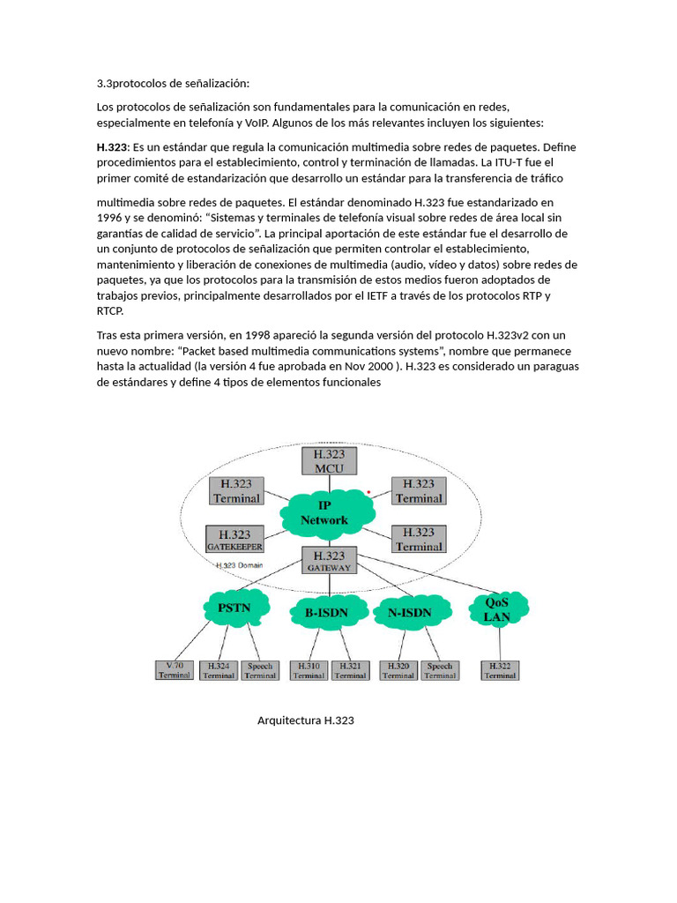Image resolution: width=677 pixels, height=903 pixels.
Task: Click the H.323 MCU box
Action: click(329, 460)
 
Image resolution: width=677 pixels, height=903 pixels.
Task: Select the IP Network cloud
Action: click(324, 512)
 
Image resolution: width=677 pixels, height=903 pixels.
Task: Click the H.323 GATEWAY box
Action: click(329, 561)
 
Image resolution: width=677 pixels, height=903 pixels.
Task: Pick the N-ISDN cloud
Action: click(409, 611)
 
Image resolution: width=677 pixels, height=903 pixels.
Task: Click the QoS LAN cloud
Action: click(497, 609)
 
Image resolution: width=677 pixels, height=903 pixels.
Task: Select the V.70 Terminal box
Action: click(174, 670)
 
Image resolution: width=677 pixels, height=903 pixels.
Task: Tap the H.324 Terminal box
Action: click(218, 670)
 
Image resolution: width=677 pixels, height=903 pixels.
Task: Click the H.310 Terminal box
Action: click(309, 670)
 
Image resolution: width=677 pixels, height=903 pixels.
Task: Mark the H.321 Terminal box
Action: click(350, 670)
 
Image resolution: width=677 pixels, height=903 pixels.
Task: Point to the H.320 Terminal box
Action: click(398, 670)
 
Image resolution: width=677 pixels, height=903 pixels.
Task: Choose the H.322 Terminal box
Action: click(500, 670)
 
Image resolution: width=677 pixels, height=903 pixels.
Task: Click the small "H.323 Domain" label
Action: click(240, 565)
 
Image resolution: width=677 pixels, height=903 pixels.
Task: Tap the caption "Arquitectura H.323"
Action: click(305, 721)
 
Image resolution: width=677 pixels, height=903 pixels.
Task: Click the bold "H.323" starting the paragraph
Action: click(113, 147)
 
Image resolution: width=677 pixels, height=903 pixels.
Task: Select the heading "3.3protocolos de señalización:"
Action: click(174, 84)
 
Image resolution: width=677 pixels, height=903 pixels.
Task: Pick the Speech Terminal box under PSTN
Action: click(260, 670)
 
